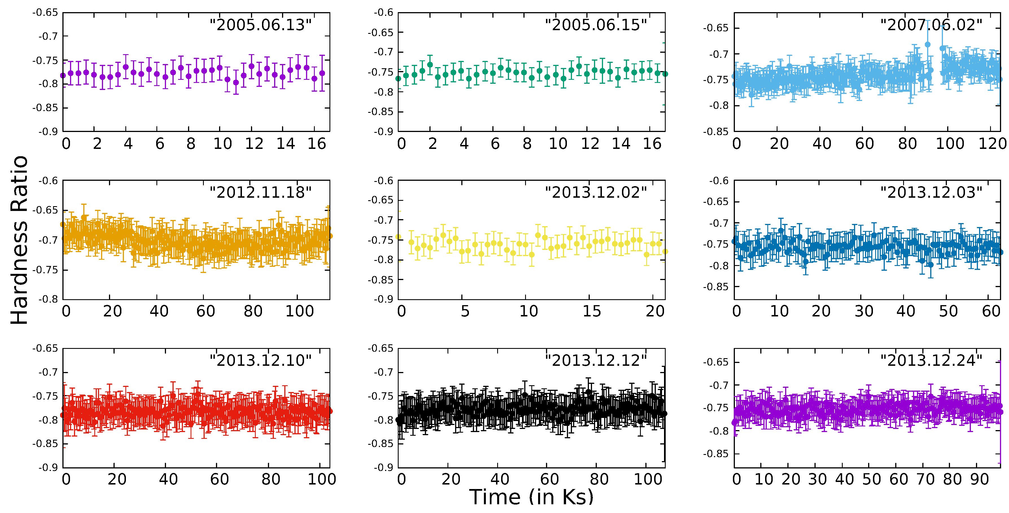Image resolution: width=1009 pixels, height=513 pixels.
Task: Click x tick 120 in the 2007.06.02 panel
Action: coord(992,144)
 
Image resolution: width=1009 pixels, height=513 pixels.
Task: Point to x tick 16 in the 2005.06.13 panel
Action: coord(316,144)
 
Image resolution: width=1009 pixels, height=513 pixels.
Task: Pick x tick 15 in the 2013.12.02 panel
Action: coord(591,311)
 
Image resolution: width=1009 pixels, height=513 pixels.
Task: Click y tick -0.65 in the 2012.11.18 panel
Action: coord(45,210)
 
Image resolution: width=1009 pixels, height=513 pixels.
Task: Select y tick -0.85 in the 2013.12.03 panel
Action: coord(716,287)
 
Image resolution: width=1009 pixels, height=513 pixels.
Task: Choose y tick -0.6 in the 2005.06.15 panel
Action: coord(383,12)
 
